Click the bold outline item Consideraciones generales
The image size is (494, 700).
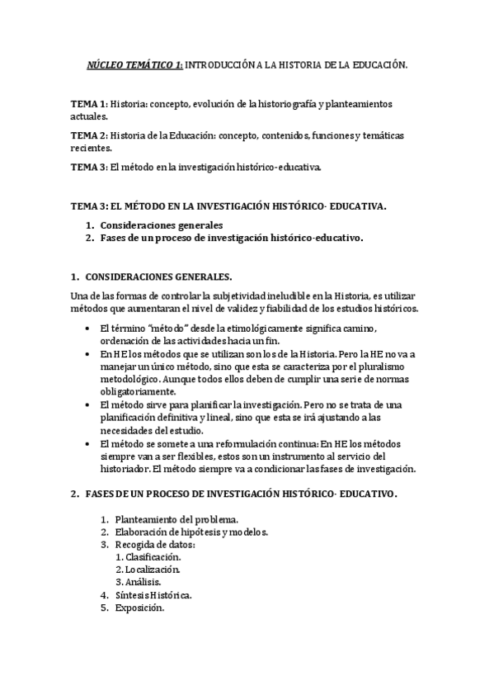click(161, 225)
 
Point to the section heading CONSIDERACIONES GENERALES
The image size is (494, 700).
click(162, 277)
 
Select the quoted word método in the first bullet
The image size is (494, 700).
click(167, 329)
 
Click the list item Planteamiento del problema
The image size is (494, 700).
click(176, 519)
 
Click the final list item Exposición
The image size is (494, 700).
click(139, 608)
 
